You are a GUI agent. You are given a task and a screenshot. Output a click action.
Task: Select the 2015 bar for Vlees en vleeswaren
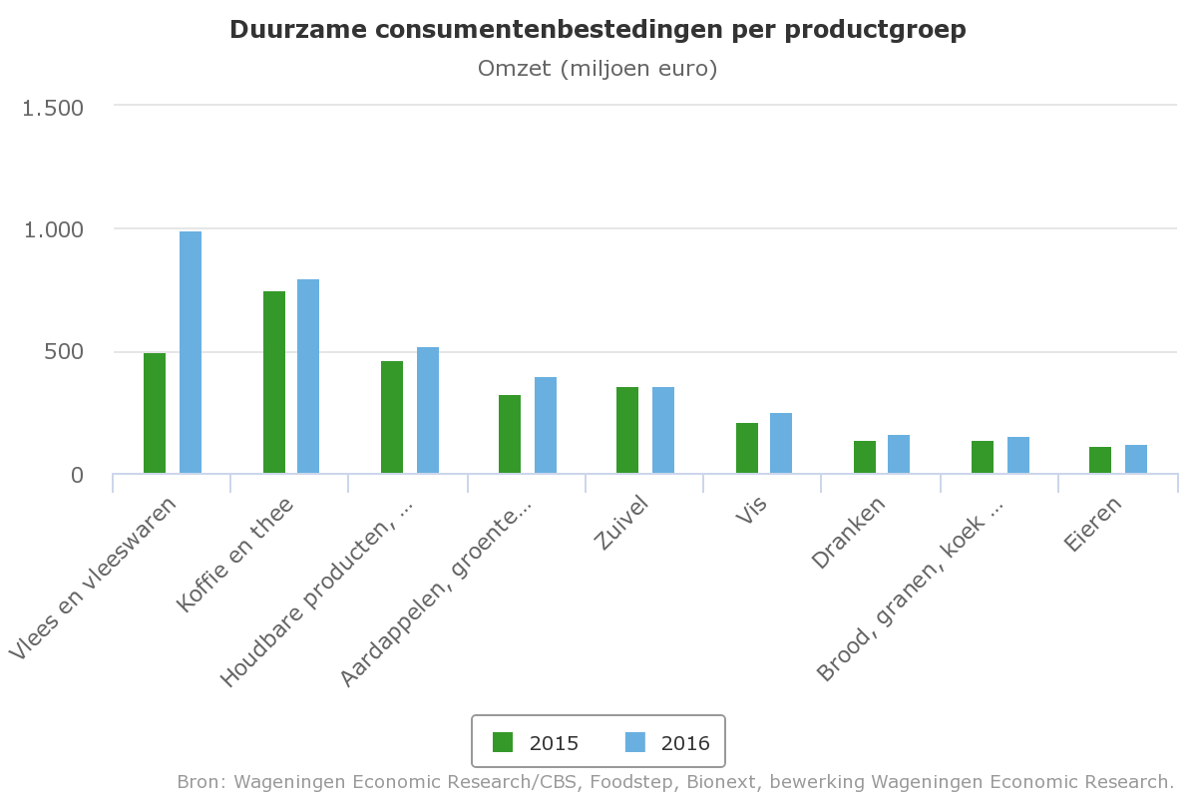coord(155,413)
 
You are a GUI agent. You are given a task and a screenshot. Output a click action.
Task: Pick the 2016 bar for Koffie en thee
coord(308,376)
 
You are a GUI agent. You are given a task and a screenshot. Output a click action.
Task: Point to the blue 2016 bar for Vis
coord(781,443)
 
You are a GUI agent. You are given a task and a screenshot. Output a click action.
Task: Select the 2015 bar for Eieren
coord(1100,460)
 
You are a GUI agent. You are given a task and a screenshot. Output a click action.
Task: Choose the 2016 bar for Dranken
coord(899,454)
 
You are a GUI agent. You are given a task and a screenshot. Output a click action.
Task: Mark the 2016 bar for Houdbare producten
coord(428,410)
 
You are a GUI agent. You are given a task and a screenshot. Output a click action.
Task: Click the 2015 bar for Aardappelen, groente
coord(510,434)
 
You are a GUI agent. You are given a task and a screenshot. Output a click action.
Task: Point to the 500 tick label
coord(65,352)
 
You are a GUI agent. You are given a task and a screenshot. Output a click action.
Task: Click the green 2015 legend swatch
coord(503,742)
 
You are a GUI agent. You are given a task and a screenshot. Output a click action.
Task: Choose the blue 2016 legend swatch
coord(634,742)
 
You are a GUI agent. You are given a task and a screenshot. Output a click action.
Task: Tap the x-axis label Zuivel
coord(621,520)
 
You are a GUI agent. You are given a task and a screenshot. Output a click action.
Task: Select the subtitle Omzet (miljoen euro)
coord(598,69)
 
